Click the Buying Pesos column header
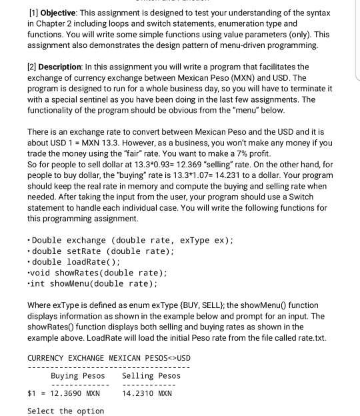tap(77, 375)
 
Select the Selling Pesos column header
tap(151, 375)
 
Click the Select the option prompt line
tap(65, 411)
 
